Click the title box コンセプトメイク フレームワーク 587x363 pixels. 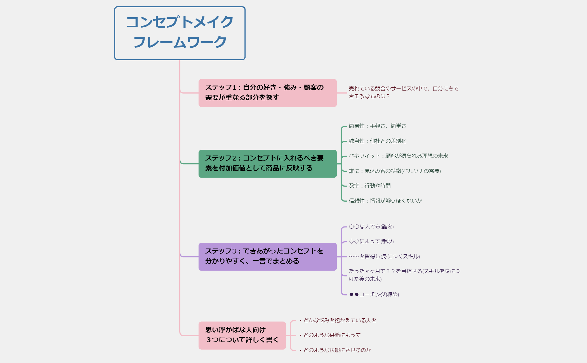click(180, 33)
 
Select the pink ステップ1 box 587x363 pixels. click(267, 93)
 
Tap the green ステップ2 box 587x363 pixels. click(267, 163)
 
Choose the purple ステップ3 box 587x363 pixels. click(267, 256)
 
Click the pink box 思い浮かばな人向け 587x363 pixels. click(242, 335)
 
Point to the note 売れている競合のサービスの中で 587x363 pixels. click(403, 92)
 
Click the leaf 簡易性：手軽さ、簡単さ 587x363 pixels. click(377, 126)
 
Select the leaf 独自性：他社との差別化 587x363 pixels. click(377, 141)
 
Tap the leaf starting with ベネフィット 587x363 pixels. click(398, 156)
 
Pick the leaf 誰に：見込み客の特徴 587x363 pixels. click(395, 171)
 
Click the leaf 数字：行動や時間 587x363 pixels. click(369, 186)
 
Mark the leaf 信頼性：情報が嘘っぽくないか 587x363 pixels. click(385, 201)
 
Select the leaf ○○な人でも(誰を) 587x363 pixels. click(371, 226)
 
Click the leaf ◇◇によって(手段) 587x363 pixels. click(371, 241)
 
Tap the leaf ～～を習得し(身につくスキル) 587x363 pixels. click(384, 256)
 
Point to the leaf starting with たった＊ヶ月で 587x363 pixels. click(404, 275)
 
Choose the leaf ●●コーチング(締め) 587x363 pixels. click(374, 294)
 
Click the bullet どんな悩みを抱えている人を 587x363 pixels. click(340, 320)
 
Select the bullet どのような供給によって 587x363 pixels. click(332, 335)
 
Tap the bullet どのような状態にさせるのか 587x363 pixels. click(337, 350)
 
